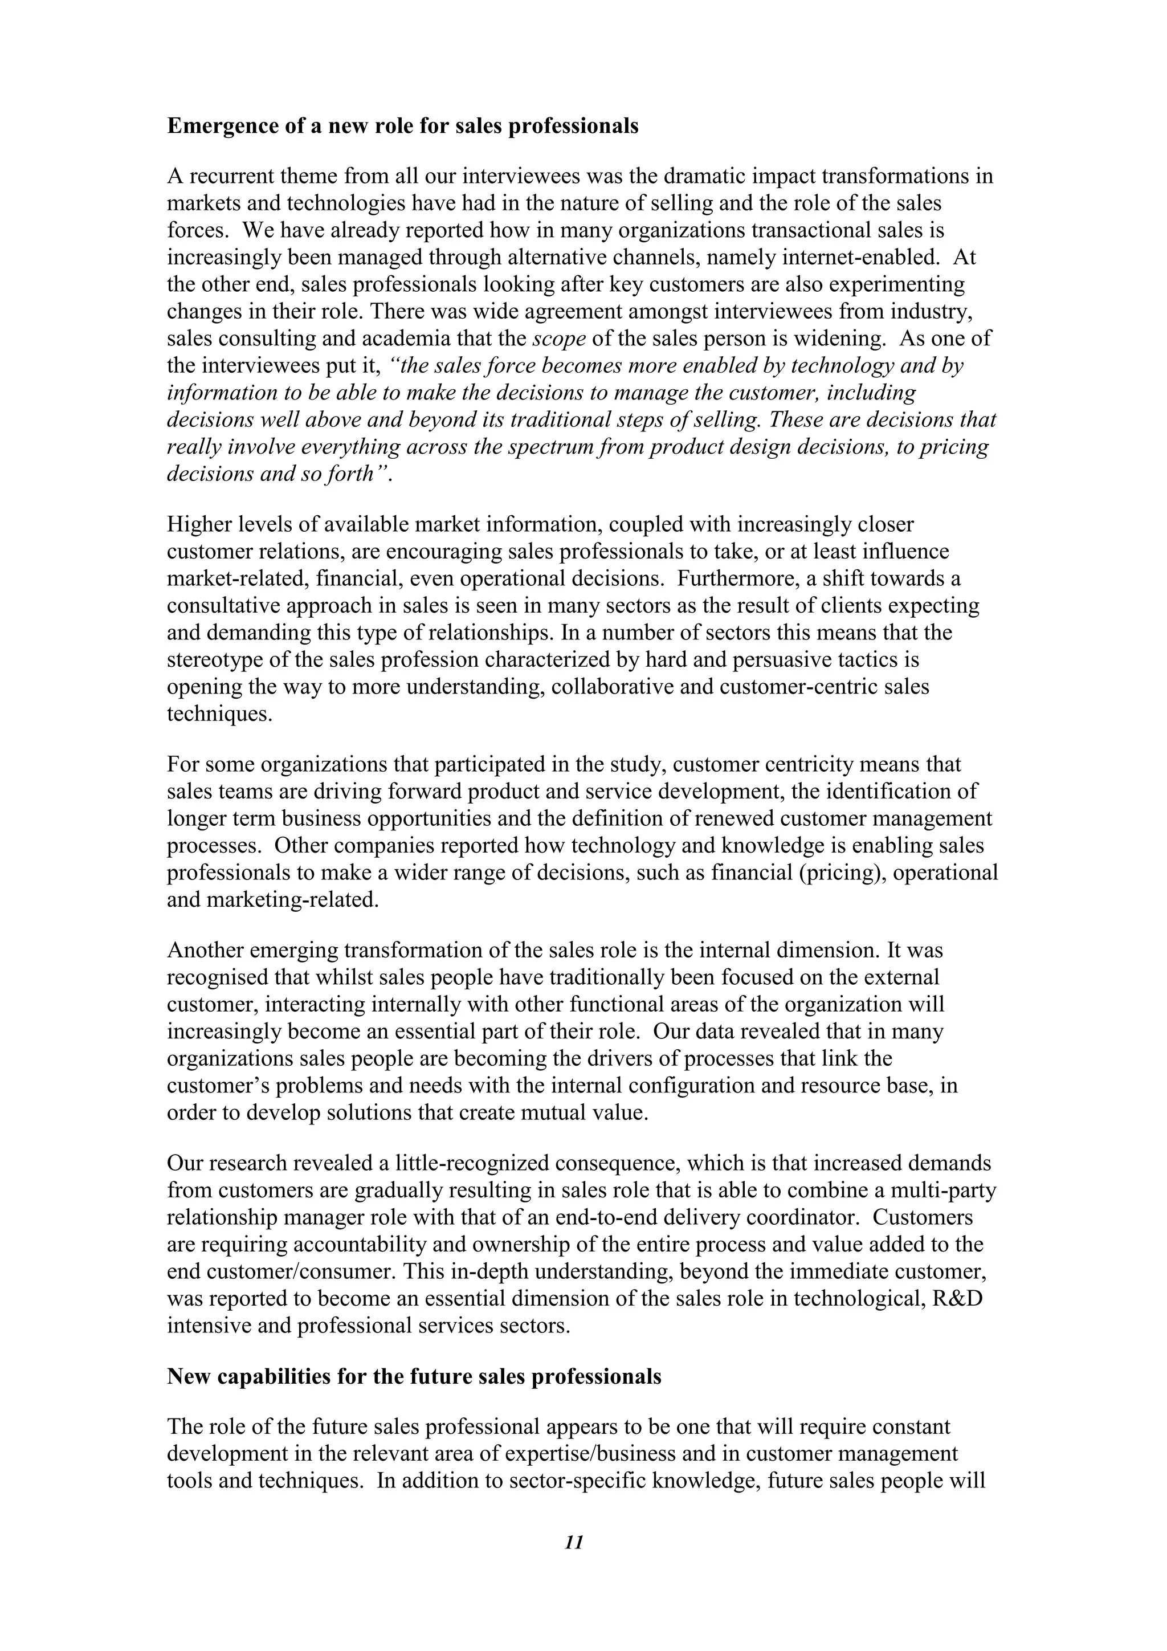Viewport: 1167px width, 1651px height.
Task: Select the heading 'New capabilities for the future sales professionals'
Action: pyautogui.click(x=414, y=1376)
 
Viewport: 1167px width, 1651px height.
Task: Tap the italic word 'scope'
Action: pyautogui.click(x=558, y=339)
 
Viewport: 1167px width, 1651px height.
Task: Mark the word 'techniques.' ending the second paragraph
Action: pyautogui.click(x=220, y=714)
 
